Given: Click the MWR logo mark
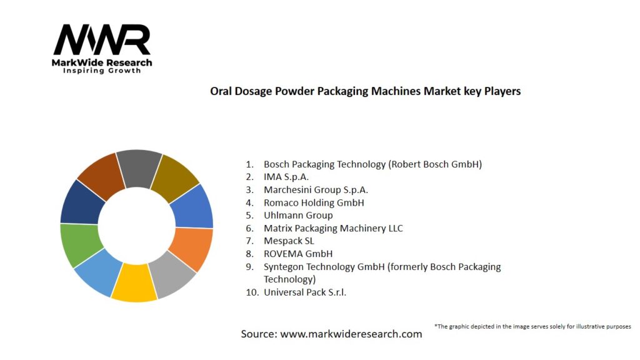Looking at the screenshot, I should [x=102, y=41].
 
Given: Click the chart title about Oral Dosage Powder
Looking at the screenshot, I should [x=365, y=91].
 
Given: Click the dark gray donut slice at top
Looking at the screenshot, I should [x=138, y=167].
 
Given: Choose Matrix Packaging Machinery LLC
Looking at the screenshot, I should [x=333, y=228].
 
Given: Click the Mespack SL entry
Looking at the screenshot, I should [x=289, y=241].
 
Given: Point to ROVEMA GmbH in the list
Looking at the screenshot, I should [x=297, y=254].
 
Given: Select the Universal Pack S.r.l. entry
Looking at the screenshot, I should [x=304, y=292].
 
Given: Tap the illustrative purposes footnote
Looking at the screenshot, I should [x=532, y=326].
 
